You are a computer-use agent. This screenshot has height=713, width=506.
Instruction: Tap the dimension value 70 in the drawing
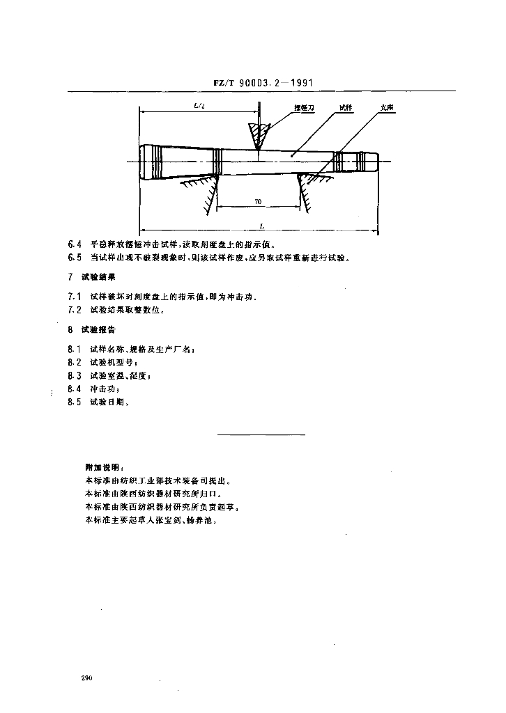257,201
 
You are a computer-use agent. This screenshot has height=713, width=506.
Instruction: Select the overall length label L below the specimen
261,226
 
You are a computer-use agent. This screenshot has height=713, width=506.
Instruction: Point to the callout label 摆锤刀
305,108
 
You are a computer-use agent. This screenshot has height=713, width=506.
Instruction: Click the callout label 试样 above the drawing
345,108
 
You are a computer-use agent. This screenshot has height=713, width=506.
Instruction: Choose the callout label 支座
388,108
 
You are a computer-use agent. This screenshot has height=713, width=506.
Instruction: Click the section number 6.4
75,244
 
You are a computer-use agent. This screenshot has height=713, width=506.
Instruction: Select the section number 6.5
75,258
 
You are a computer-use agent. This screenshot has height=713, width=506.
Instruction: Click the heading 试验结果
99,277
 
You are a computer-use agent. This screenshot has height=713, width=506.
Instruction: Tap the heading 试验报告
99,329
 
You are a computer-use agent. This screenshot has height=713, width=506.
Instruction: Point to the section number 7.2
75,310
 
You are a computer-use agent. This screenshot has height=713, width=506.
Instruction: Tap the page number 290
87,677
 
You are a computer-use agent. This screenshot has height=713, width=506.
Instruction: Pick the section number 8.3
75,375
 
